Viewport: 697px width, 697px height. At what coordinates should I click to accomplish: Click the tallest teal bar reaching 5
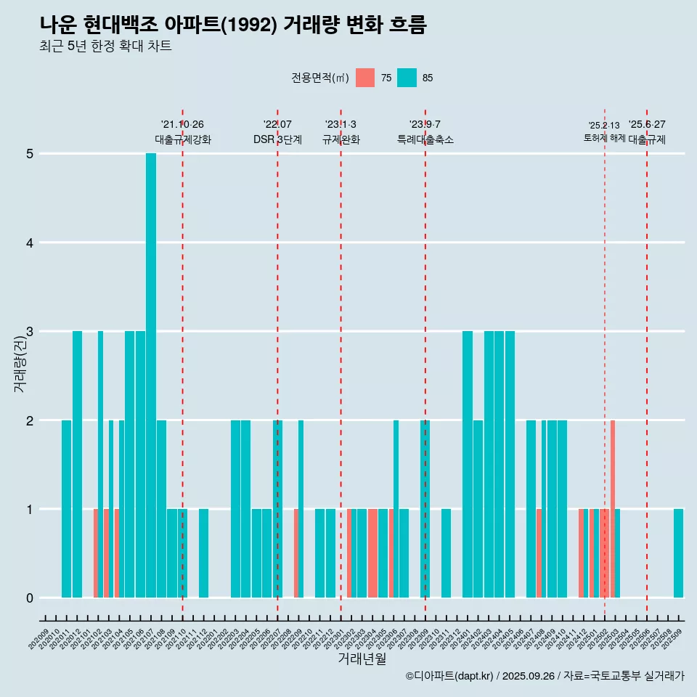pyautogui.click(x=151, y=375)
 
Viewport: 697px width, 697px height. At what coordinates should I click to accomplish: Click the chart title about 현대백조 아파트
pyautogui.click(x=233, y=25)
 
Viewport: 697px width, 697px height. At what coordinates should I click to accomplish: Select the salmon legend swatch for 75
pyautogui.click(x=365, y=78)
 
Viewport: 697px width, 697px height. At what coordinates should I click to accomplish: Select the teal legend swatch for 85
pyautogui.click(x=407, y=78)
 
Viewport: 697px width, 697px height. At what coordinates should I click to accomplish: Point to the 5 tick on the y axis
pyautogui.click(x=30, y=154)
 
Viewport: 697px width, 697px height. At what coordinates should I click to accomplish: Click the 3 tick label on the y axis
pyautogui.click(x=30, y=332)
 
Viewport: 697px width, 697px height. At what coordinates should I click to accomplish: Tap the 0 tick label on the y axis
pyautogui.click(x=30, y=598)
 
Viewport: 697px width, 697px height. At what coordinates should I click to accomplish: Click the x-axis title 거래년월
pyautogui.click(x=362, y=659)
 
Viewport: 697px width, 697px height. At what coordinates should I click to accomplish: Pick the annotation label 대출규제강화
pyautogui.click(x=183, y=139)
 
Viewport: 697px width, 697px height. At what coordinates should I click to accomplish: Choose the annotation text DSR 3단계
pyautogui.click(x=277, y=139)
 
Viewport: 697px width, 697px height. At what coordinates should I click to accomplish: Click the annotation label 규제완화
pyautogui.click(x=341, y=139)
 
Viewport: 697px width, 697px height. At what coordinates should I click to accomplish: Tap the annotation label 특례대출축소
pyautogui.click(x=425, y=139)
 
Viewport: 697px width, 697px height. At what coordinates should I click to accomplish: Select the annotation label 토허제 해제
pyautogui.click(x=604, y=138)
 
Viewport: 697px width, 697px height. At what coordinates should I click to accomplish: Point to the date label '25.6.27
pyautogui.click(x=647, y=125)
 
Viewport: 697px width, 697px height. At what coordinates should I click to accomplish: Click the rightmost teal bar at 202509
pyautogui.click(x=678, y=553)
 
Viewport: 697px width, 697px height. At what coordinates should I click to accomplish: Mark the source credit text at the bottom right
pyautogui.click(x=545, y=676)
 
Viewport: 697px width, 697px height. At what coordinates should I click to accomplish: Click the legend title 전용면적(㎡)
pyautogui.click(x=320, y=78)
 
